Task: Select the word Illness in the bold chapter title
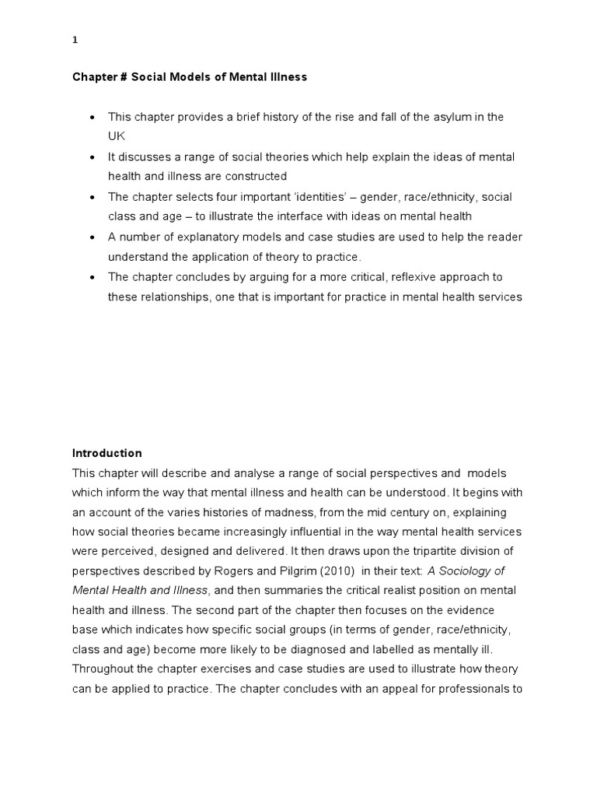coord(288,77)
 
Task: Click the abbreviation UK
coord(116,135)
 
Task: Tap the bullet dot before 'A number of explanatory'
coord(93,237)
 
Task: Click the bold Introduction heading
coord(107,453)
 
